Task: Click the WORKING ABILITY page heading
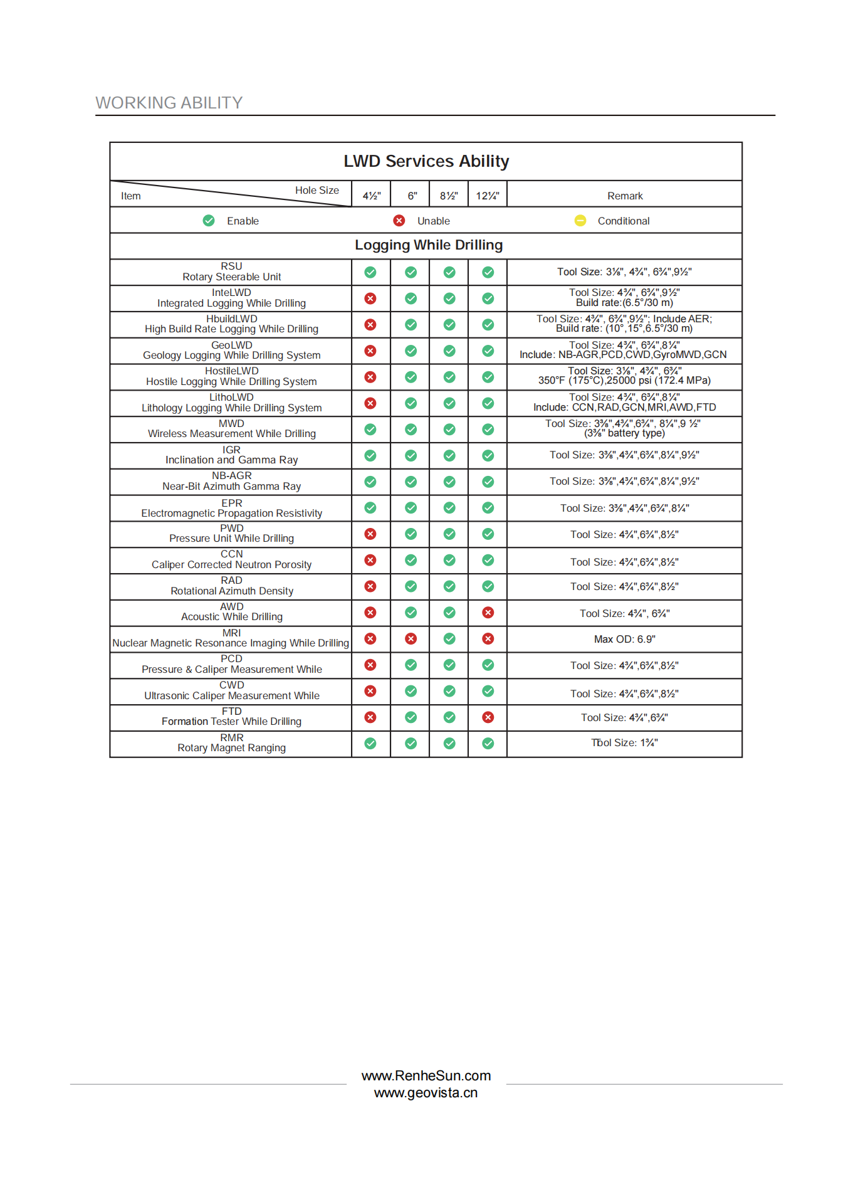tap(169, 103)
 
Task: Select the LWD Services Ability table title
tap(426, 161)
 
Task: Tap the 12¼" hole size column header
tap(488, 196)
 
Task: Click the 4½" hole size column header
tap(372, 196)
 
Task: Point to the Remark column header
tap(625, 196)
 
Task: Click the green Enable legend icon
tap(209, 221)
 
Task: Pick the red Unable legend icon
tap(399, 221)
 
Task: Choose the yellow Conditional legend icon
tap(580, 221)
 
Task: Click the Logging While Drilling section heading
tap(429, 245)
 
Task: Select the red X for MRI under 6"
tap(411, 638)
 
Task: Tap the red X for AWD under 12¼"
tap(488, 613)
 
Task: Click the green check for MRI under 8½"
tap(449, 638)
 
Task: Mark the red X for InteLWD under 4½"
tap(370, 298)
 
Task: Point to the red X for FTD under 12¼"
tap(488, 717)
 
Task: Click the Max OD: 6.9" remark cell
tap(624, 639)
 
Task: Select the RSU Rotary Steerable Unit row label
tap(231, 272)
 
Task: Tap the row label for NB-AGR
tap(231, 481)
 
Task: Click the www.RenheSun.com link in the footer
tap(426, 1076)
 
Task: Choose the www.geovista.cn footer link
tap(426, 1093)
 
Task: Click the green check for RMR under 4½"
tap(370, 744)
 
